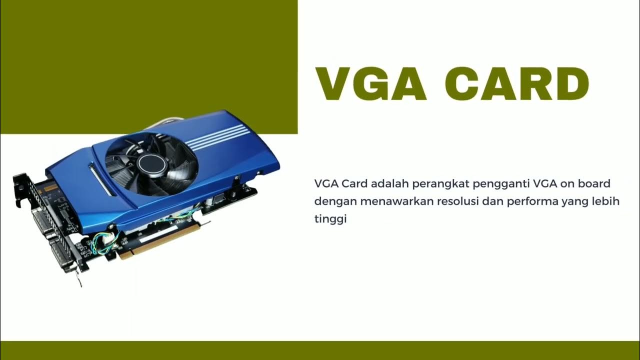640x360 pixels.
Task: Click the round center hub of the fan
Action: point(148,162)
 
